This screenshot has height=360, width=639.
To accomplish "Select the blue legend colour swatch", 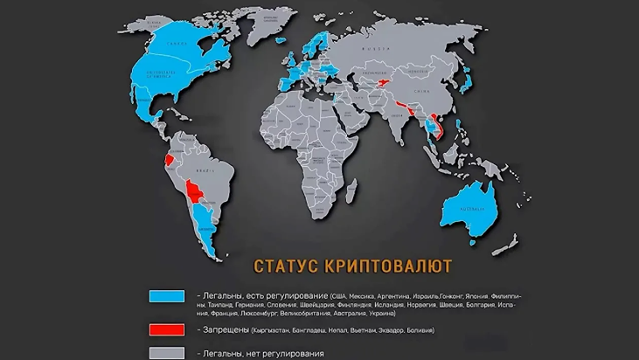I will click(x=166, y=295).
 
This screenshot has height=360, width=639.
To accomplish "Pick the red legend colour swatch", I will click(x=166, y=329).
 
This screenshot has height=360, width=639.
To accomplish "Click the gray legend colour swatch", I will click(x=166, y=352).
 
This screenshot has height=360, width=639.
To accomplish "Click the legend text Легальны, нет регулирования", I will click(x=262, y=353).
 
